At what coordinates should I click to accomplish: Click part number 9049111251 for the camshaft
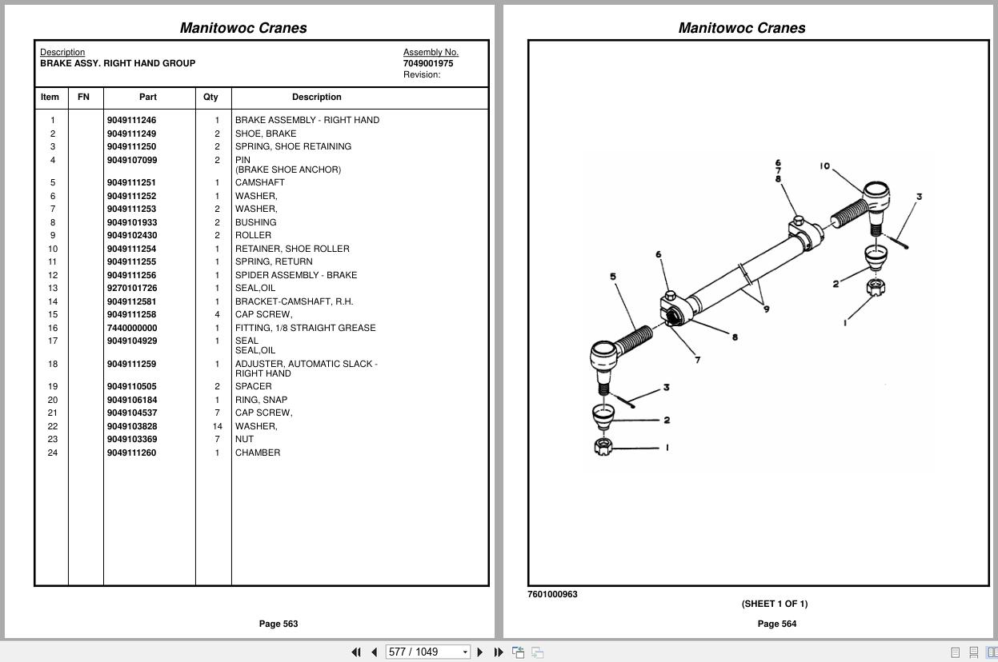pyautogui.click(x=131, y=182)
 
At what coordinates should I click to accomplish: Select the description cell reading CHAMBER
pyautogui.click(x=258, y=453)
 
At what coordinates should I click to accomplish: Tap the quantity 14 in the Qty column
pyautogui.click(x=217, y=426)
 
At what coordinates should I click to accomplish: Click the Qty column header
pyautogui.click(x=210, y=97)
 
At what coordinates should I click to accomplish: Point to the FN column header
pyautogui.click(x=83, y=97)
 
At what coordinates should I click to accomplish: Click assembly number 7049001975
pyautogui.click(x=428, y=63)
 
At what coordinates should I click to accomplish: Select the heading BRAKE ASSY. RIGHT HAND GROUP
pyautogui.click(x=118, y=63)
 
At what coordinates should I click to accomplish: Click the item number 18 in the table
pyautogui.click(x=53, y=364)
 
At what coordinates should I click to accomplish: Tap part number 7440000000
pyautogui.click(x=131, y=328)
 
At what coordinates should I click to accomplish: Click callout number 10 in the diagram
pyautogui.click(x=824, y=166)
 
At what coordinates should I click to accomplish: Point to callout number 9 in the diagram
pyautogui.click(x=766, y=309)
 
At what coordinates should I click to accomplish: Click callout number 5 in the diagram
pyautogui.click(x=613, y=277)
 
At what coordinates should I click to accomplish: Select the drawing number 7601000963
pyautogui.click(x=552, y=594)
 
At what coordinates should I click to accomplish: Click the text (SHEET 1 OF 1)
pyautogui.click(x=774, y=604)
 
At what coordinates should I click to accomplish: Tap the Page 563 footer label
pyautogui.click(x=279, y=624)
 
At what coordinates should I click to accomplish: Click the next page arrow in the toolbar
pyautogui.click(x=480, y=652)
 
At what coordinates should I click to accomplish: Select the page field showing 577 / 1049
pyautogui.click(x=423, y=652)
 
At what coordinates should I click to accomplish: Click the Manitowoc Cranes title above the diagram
pyautogui.click(x=742, y=28)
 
